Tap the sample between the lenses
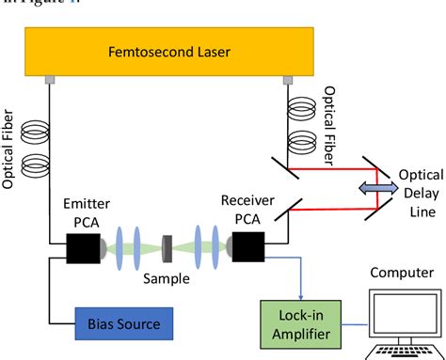(166, 246)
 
